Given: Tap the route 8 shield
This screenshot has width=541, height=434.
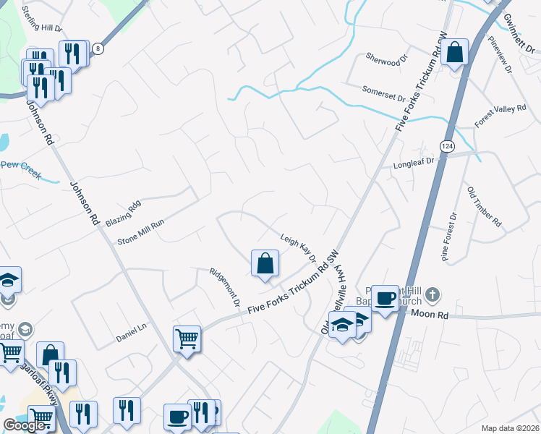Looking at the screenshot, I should click(98, 48).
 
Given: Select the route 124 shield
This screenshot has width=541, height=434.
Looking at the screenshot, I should click(448, 146).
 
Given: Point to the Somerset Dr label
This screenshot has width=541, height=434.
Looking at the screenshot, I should click(383, 93).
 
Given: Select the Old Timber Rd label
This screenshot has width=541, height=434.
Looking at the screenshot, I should click(484, 206).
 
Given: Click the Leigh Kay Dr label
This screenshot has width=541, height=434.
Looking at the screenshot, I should click(298, 247).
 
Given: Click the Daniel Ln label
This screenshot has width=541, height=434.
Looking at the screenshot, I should click(131, 337).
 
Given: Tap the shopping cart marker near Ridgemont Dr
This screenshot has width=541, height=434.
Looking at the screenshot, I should click(187, 338).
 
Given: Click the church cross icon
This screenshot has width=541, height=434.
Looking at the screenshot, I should click(432, 294).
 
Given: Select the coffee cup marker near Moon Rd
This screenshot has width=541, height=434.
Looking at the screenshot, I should click(385, 298).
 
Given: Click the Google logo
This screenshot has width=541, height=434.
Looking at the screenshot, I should click(25, 425).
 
